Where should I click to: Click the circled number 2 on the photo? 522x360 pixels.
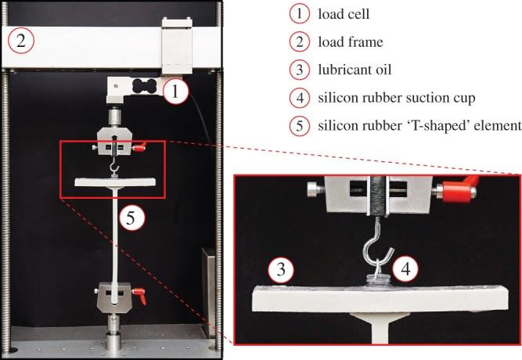pos(21,41)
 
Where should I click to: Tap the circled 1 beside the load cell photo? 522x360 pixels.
pos(177,92)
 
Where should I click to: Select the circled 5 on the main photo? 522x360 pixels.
pos(134,217)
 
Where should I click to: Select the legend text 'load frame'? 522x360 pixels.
pos(347,42)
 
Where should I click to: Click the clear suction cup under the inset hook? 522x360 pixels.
pos(374,280)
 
